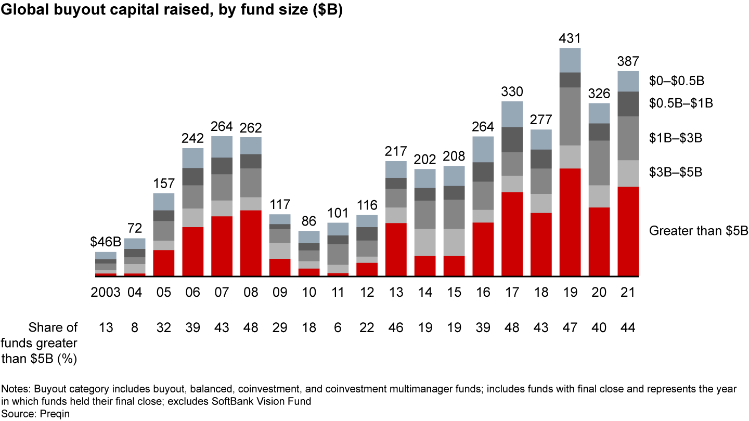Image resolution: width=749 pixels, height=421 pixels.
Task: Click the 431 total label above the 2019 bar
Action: tap(570, 38)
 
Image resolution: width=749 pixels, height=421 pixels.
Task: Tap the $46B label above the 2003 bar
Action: tap(106, 243)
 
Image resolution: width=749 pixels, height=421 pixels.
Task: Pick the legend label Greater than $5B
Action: tap(698, 231)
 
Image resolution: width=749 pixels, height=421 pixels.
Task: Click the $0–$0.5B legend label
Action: tap(676, 81)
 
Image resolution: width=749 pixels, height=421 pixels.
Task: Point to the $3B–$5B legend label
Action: tap(676, 172)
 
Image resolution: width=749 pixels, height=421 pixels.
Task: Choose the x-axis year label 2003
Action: tap(106, 293)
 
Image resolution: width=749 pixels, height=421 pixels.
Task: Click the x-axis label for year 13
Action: tap(396, 293)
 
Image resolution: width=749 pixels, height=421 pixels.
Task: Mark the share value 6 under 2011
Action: tap(338, 327)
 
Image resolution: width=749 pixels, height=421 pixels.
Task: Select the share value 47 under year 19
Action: tap(570, 327)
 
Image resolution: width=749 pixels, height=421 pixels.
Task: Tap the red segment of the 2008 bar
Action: tap(251, 243)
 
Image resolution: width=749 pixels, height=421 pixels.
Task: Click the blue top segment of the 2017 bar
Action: tap(512, 114)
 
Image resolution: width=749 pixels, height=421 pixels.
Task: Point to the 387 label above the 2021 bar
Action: tap(628, 61)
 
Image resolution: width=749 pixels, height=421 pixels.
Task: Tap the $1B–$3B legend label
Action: tap(676, 138)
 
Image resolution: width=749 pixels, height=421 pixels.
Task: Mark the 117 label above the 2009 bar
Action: tap(280, 204)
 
